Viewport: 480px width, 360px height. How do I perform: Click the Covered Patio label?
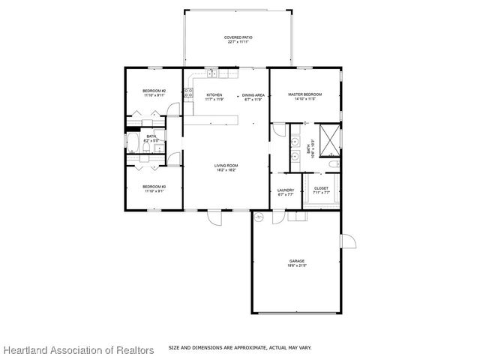coord(236,39)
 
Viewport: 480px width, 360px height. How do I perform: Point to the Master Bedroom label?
coord(304,96)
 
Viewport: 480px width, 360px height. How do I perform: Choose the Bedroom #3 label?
coord(154,187)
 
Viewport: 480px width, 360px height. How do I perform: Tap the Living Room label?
coord(226,167)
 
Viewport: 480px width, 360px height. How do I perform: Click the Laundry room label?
coord(286,192)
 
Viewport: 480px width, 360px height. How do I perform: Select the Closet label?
coord(321,190)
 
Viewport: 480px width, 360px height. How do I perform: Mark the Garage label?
coord(298,262)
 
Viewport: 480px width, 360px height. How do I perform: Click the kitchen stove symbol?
coord(188,94)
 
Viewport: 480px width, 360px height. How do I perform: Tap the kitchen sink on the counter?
coord(213,73)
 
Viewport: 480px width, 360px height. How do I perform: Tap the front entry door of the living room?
coord(214,218)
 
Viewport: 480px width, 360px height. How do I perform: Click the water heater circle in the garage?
coord(258,217)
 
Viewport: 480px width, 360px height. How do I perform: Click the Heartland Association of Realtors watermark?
coord(78,350)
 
